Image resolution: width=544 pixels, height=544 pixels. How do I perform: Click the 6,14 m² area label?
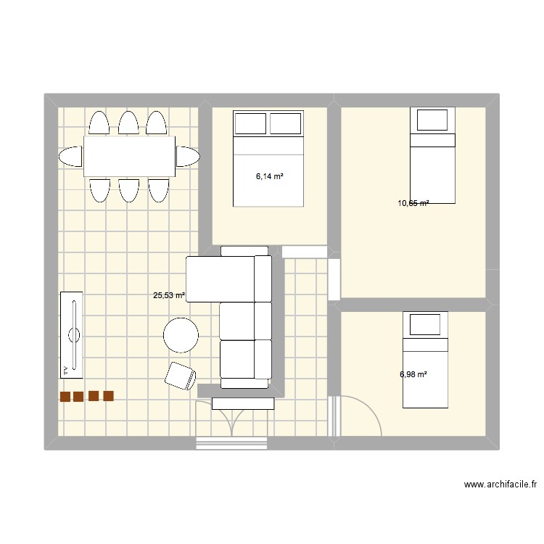pos(268,176)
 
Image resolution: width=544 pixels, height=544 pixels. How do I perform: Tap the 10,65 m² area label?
pos(413,203)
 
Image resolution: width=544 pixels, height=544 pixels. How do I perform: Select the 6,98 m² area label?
pos(413,374)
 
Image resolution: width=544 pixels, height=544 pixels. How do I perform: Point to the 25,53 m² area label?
pos(168,296)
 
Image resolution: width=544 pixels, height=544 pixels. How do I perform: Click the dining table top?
pos(129,156)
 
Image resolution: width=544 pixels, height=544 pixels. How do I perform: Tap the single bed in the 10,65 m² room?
pos(432,155)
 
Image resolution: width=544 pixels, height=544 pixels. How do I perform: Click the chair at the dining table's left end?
pos(70,156)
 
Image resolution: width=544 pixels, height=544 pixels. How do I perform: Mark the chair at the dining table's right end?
pos(187,156)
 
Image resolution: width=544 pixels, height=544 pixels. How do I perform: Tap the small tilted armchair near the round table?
pos(181,374)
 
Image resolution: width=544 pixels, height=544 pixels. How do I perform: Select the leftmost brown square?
pos(65,397)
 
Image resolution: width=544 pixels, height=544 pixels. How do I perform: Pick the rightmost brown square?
pos(109,396)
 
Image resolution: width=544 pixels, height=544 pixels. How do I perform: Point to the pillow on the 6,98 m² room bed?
pos(424,324)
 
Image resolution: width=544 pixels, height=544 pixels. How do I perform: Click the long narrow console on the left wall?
pos(71,334)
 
